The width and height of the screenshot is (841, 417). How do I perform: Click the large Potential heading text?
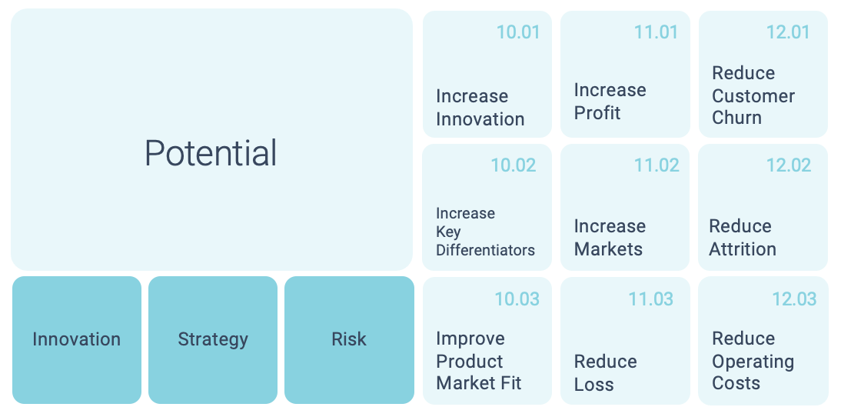211,153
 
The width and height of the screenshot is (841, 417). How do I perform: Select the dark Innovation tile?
77,340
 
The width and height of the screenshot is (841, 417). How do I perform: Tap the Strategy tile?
213,340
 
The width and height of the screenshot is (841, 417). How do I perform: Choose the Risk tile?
349,340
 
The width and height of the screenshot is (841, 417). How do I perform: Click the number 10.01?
518,32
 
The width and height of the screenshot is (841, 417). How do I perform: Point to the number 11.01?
656,32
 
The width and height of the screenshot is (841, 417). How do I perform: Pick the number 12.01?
789,32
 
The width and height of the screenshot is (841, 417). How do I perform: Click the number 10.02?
514,165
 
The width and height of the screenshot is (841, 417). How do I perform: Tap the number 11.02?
657,165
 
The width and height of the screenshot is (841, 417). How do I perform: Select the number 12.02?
789,165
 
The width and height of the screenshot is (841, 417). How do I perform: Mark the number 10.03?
517,299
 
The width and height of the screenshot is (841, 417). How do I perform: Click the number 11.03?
651,299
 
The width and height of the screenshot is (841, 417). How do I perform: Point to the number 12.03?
794,299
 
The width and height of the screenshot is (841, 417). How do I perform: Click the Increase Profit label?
610,102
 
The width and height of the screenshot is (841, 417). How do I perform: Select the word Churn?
736,118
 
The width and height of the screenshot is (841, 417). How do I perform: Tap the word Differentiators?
485,250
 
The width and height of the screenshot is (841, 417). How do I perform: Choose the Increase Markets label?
610,238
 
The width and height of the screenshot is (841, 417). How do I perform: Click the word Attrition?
743,249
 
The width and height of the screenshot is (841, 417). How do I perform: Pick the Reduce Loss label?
606,373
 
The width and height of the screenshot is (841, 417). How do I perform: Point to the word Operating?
753,362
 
